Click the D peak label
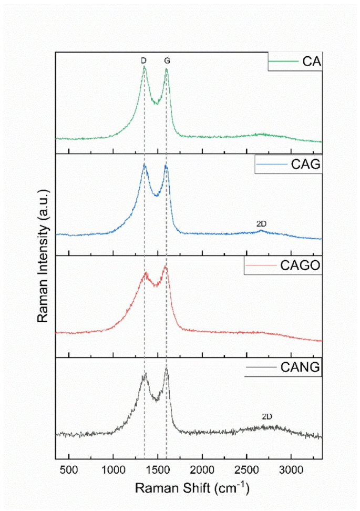tap(143, 61)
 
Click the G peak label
tap(167, 61)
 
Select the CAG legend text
tap(305, 165)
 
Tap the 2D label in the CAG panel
tap(262, 224)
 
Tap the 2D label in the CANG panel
tap(267, 417)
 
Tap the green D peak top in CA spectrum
tap(144, 67)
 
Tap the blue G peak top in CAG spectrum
tap(166, 166)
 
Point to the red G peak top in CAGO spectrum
tap(166, 267)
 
